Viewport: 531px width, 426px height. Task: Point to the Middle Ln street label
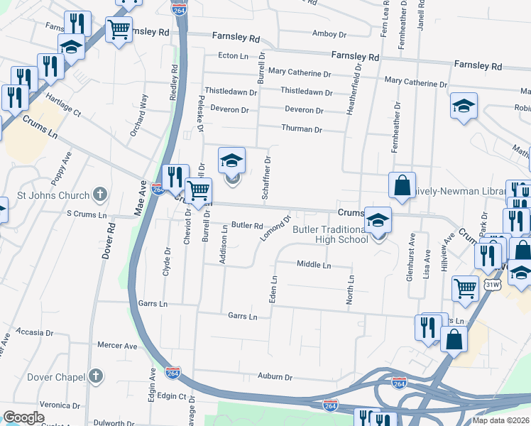[314, 265]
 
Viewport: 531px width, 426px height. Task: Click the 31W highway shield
[491, 284]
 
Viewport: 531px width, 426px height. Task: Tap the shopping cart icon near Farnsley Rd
[119, 30]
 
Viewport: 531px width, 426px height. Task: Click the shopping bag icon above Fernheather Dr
[402, 185]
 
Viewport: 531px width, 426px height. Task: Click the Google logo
[23, 417]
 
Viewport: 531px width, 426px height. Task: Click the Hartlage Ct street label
[63, 104]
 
